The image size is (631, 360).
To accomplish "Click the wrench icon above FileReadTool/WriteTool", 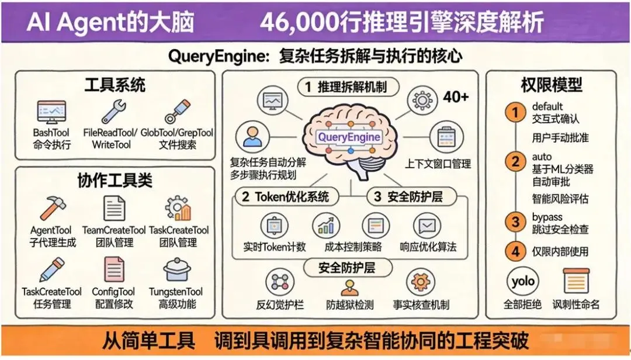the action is click(x=114, y=111).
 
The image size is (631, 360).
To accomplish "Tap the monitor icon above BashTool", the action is click(x=51, y=111).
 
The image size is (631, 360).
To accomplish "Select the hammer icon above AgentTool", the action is click(x=53, y=208).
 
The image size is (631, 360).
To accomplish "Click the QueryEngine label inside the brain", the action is click(x=349, y=138).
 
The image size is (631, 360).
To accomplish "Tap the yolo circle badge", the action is click(x=522, y=282).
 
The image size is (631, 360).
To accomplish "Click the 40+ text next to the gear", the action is click(x=456, y=98).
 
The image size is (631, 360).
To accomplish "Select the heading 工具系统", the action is click(x=115, y=85).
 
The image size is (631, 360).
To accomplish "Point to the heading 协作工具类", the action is click(x=115, y=181).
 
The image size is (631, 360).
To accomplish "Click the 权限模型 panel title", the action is click(x=551, y=85).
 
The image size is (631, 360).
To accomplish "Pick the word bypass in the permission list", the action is click(x=547, y=217).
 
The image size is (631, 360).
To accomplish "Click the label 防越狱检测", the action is click(x=350, y=304).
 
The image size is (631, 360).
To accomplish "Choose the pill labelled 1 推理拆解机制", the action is click(x=349, y=87).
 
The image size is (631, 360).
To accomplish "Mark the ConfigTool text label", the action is click(x=113, y=292).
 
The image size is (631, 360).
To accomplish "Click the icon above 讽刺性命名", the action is click(x=576, y=281).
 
